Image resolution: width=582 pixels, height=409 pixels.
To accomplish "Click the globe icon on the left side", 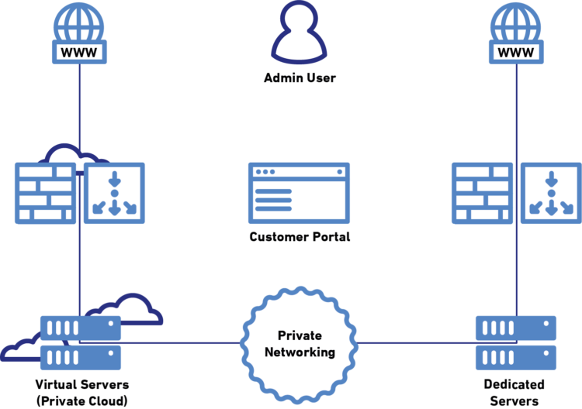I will (79, 23).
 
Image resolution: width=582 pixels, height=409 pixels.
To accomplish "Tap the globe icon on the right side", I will (516, 23).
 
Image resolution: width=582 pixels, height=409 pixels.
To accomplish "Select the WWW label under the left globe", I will (79, 52).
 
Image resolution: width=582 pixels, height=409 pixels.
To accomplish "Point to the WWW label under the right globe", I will (516, 52).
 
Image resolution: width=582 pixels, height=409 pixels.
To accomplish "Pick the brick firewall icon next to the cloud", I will (45, 193).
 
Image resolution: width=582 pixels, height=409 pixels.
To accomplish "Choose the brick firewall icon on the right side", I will (482, 193).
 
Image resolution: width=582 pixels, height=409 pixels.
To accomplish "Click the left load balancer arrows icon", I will (114, 193).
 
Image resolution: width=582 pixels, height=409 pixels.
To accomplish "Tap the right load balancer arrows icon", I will (551, 193).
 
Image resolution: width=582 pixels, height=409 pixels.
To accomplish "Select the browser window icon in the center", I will (299, 193).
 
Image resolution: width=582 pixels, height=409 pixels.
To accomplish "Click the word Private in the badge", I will (300, 336).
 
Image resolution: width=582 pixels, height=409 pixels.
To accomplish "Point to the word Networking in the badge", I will (300, 352).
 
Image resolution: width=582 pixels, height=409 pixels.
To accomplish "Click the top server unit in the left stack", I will (81, 328).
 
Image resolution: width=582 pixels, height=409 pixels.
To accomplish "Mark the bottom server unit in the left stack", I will (81, 357).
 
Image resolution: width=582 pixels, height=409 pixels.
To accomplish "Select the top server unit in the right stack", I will (516, 328).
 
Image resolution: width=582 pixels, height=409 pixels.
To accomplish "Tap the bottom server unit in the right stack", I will (516, 357).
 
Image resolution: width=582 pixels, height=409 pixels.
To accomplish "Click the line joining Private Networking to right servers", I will (415, 342).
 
